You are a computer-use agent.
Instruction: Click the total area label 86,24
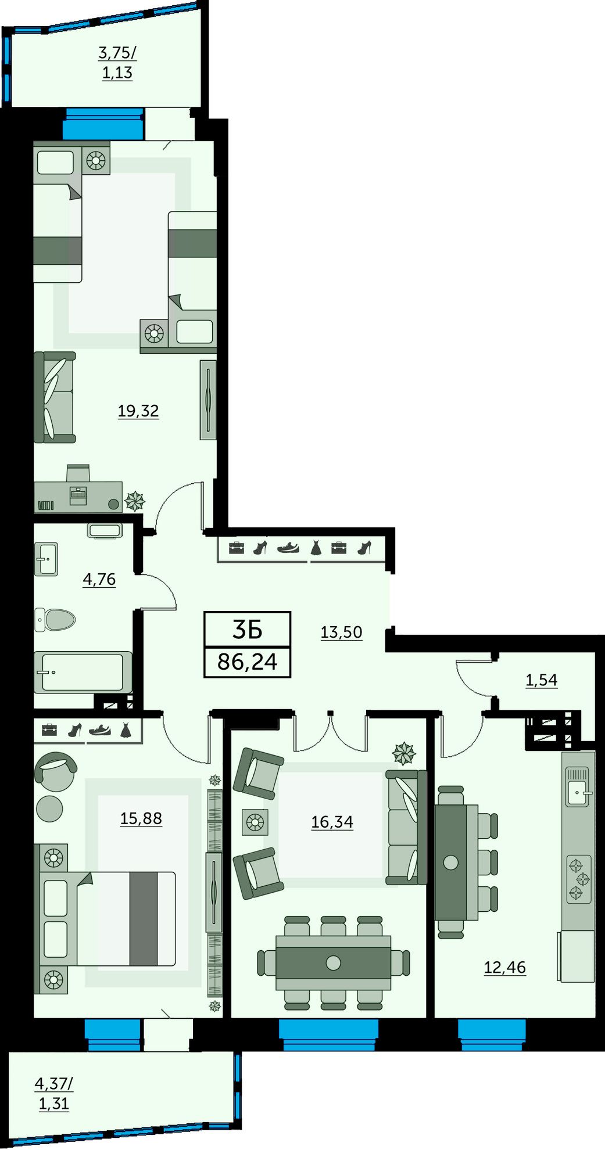point(248,661)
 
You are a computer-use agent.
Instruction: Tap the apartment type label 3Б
point(248,630)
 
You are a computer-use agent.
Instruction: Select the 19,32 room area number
point(138,411)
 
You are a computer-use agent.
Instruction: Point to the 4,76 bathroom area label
point(99,579)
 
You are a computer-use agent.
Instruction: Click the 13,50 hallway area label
point(342,632)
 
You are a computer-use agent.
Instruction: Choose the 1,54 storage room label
point(542,680)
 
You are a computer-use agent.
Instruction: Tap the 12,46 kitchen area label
point(505,968)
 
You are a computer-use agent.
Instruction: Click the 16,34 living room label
point(332,822)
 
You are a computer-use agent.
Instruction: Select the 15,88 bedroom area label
point(141,818)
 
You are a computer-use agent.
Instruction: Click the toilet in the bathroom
point(55,620)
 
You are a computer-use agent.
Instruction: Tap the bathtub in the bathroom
point(83,672)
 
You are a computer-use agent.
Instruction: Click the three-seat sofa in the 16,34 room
point(407,827)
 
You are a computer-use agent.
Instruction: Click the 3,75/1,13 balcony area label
point(117,63)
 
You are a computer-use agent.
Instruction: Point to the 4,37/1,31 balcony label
point(54,1094)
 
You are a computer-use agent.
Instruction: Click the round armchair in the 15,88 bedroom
point(56,771)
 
